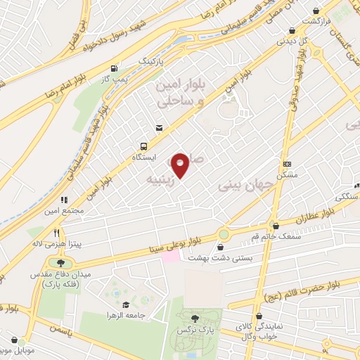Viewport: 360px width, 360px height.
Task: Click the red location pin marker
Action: [x=181, y=166]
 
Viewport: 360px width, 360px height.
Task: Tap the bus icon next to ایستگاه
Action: [x=143, y=146]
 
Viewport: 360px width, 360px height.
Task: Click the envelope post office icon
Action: [x=159, y=128]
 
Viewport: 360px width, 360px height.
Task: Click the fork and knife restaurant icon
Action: [x=55, y=231]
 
